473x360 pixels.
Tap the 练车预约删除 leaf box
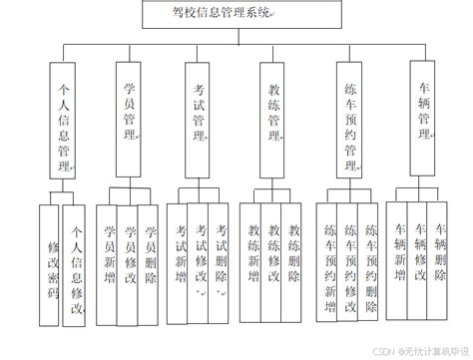click(371, 261)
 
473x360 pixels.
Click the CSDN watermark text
click(418, 349)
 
